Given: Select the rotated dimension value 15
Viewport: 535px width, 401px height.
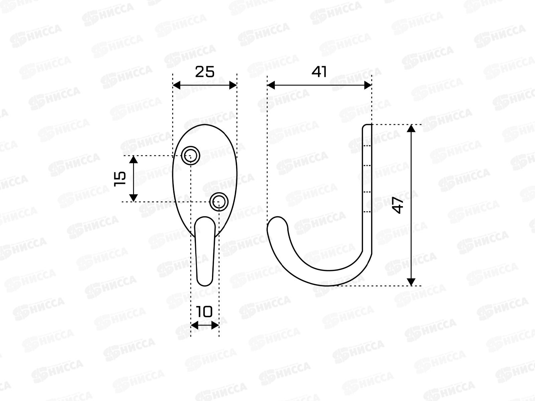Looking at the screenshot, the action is (x=120, y=179).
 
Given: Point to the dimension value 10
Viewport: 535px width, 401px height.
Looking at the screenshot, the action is (x=204, y=312).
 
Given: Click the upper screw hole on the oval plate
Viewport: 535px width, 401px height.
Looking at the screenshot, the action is (x=191, y=155).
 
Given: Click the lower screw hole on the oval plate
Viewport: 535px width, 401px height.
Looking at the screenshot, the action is (x=219, y=202).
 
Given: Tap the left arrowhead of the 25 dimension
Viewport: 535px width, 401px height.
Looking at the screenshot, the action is (x=177, y=86).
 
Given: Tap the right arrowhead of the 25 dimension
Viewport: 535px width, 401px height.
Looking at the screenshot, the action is (x=233, y=86).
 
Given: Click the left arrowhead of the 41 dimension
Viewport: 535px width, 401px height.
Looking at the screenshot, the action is (x=271, y=85).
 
